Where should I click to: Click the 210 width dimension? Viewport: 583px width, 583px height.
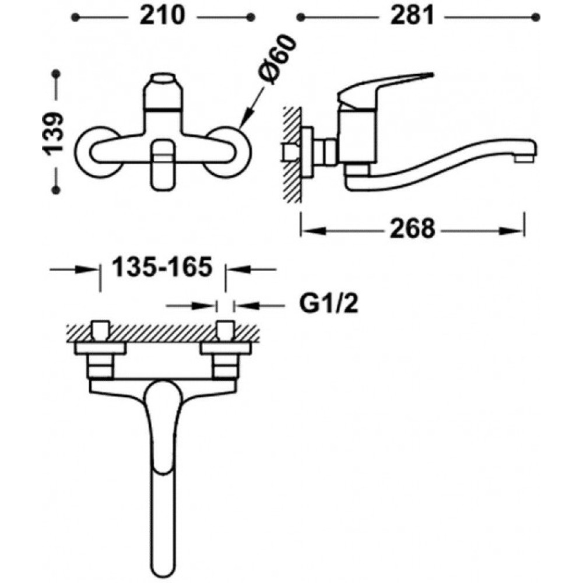pyautogui.click(x=162, y=16)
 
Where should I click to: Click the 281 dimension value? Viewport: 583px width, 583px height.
pyautogui.click(x=412, y=16)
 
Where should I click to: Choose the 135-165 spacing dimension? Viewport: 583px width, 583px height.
pyautogui.click(x=163, y=266)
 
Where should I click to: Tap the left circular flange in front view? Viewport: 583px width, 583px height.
pyautogui.click(x=99, y=151)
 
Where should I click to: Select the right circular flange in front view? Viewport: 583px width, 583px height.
pyautogui.click(x=227, y=151)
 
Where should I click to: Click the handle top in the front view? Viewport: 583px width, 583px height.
pyautogui.click(x=163, y=79)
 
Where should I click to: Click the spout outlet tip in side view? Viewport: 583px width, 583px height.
pyautogui.click(x=525, y=159)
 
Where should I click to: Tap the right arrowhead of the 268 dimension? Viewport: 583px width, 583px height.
pyautogui.click(x=512, y=231)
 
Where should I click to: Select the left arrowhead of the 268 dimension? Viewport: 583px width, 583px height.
pyautogui.click(x=314, y=231)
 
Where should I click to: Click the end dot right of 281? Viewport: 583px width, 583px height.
pyautogui.click(x=536, y=17)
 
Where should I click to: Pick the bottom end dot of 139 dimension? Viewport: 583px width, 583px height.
pyautogui.click(x=56, y=191)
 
